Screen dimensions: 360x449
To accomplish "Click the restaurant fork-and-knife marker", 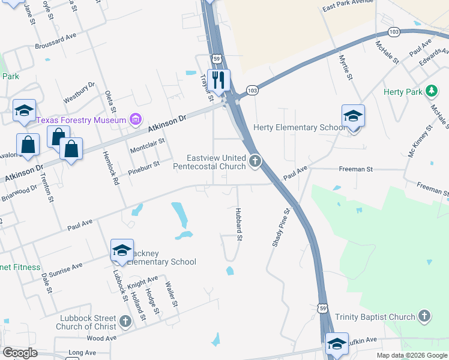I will [x=218, y=79].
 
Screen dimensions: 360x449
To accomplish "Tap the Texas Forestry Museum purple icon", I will [x=136, y=120].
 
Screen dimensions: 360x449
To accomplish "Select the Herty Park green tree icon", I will [x=430, y=91].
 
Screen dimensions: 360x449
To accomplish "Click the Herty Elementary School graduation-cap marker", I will [x=353, y=116].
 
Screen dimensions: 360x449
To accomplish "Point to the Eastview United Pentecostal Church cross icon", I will [x=256, y=160].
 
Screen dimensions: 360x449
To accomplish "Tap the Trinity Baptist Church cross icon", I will [x=424, y=316].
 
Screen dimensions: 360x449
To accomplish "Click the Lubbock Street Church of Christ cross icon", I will [x=125, y=322].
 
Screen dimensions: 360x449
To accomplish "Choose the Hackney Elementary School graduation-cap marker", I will [x=122, y=250].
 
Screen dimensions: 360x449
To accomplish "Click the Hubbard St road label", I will [x=238, y=225].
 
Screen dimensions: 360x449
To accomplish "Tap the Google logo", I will [x=20, y=353].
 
